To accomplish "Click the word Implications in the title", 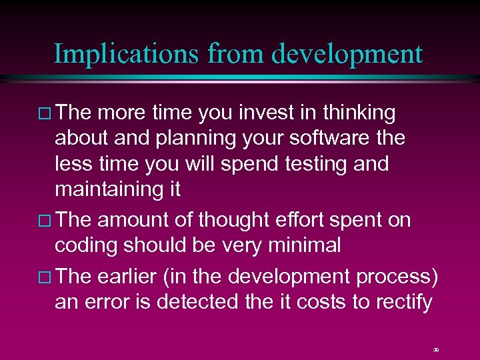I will [125, 54].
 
